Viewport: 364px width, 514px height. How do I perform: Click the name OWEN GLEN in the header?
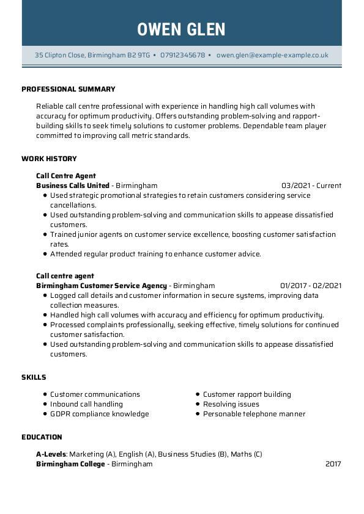click(182, 29)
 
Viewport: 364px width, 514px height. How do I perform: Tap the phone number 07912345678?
click(183, 55)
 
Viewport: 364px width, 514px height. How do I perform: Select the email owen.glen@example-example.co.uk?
click(272, 55)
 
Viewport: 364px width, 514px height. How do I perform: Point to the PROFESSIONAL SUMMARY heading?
click(69, 89)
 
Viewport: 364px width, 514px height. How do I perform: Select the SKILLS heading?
click(34, 377)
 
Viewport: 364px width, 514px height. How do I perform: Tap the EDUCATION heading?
click(42, 437)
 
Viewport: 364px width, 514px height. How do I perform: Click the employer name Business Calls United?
click(73, 186)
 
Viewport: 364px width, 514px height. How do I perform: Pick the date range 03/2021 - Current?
click(311, 186)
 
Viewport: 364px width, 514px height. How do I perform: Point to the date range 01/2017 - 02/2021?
click(311, 286)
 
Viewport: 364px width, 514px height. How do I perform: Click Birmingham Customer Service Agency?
click(102, 286)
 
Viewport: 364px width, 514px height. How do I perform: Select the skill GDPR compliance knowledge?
click(99, 414)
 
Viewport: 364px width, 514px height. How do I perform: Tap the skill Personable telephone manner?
click(254, 414)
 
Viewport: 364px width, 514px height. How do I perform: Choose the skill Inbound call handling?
click(86, 404)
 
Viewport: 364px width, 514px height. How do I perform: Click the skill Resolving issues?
click(231, 404)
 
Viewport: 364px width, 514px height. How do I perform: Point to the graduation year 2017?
click(333, 464)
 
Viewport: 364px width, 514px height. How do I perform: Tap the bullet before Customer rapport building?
click(198, 394)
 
